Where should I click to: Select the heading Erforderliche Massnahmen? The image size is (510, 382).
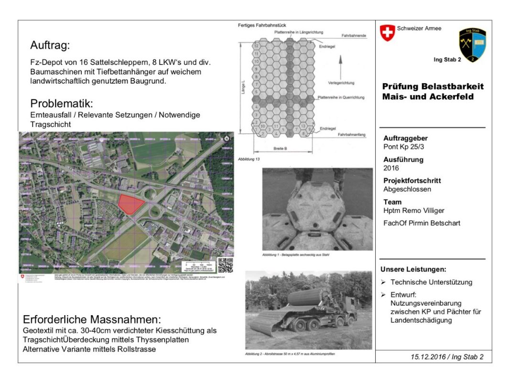pos(92,319)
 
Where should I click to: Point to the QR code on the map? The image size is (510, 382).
pos(225,265)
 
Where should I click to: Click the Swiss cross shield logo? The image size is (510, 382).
pos(387,33)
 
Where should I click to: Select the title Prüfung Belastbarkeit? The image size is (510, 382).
pos(433,86)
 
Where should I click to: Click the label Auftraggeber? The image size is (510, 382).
pos(405,138)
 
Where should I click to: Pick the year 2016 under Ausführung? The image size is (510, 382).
pos(391,168)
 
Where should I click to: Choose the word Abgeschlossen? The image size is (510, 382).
pos(407,189)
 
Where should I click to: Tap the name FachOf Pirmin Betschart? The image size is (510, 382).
pos(422,223)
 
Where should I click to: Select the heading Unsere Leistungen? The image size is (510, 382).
pos(413,269)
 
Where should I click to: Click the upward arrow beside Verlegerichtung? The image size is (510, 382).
pos(340,63)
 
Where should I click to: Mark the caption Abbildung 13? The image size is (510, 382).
pos(249,159)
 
